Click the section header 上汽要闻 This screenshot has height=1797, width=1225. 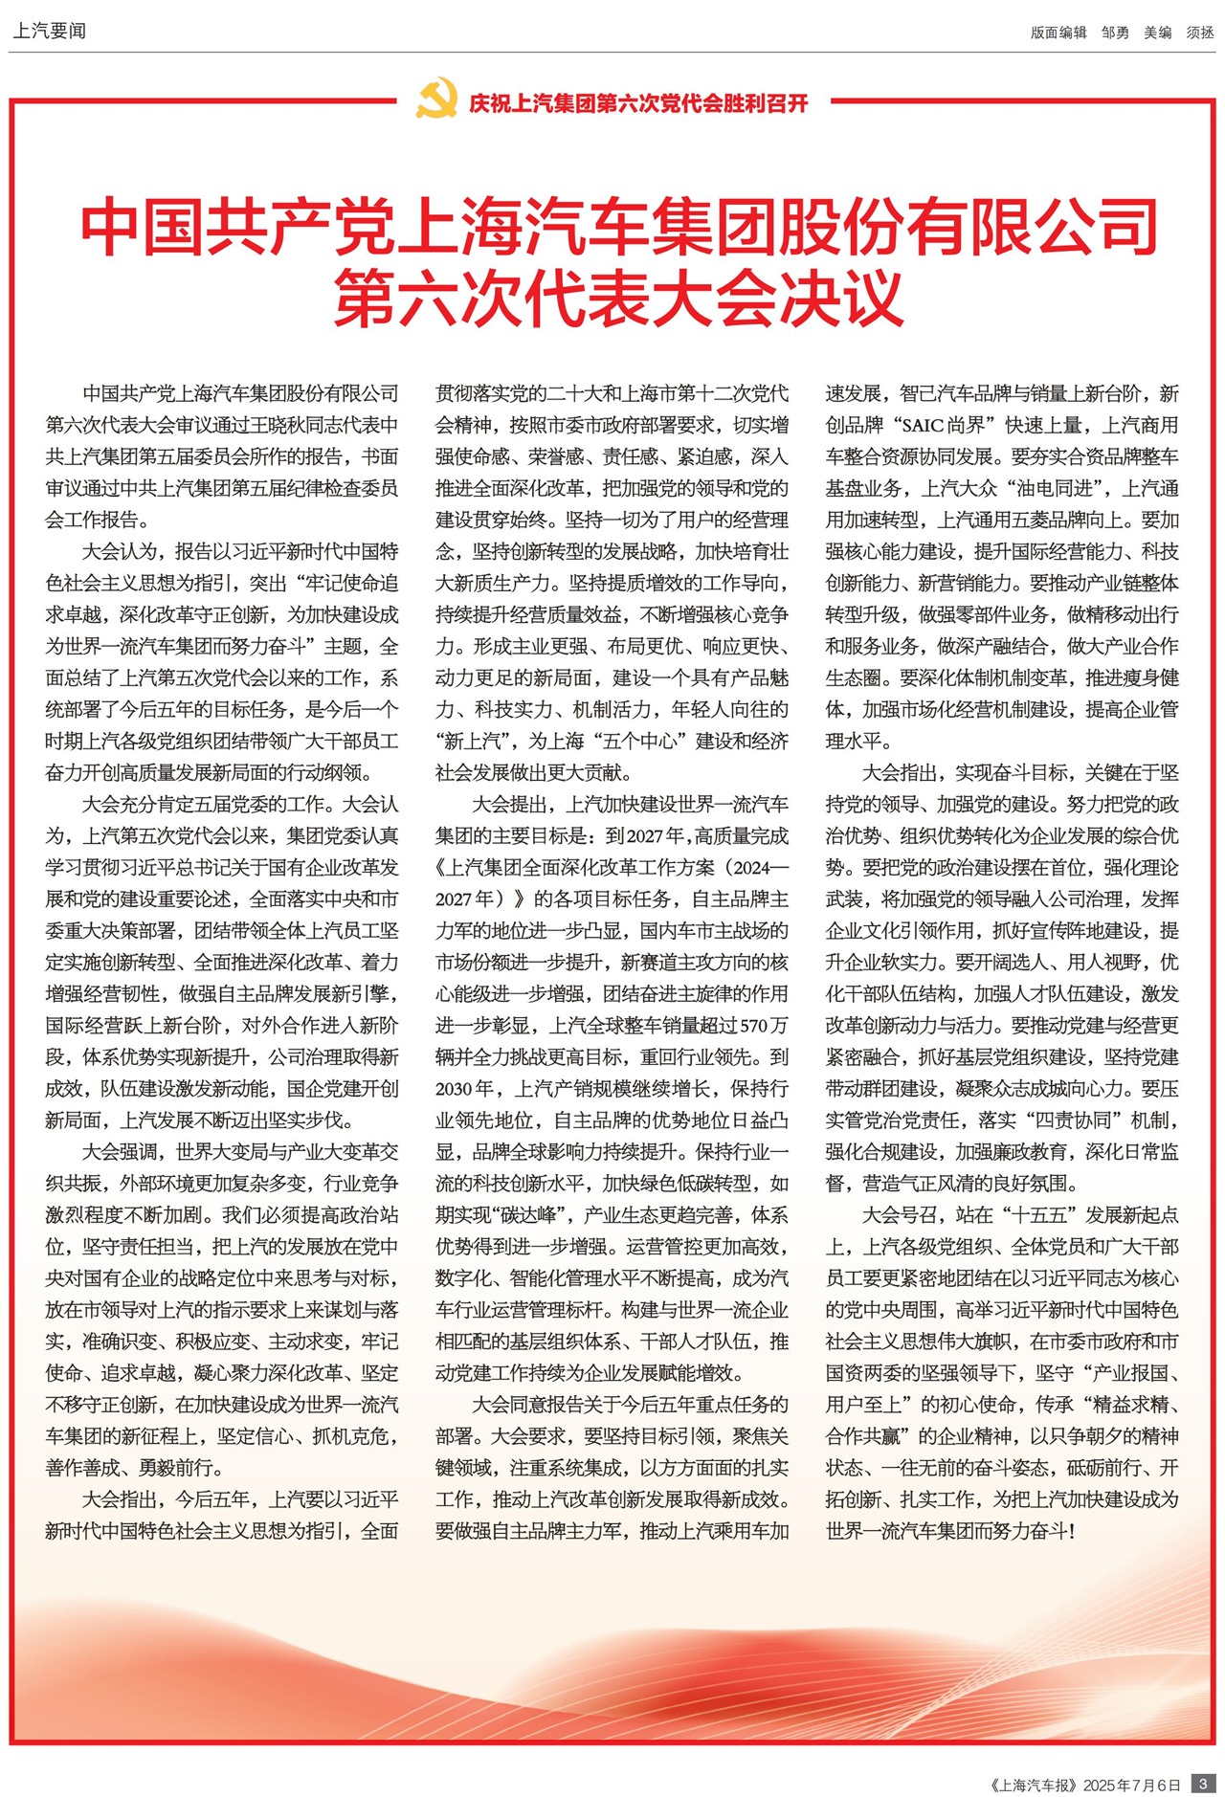point(49,31)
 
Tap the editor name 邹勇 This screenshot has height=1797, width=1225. point(1115,33)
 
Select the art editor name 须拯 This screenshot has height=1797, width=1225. point(1200,33)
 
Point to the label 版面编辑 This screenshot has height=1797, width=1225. point(1058,33)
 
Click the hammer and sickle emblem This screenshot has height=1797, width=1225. point(436,100)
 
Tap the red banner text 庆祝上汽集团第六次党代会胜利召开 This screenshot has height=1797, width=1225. point(638,102)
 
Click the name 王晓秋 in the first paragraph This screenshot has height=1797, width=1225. point(297,425)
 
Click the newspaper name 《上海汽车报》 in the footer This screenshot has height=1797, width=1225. point(1033,1785)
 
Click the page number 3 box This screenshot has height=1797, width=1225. point(1203,1784)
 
